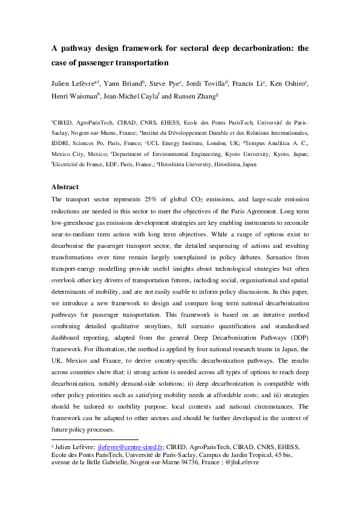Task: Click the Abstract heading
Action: pyautogui.click(x=69, y=187)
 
